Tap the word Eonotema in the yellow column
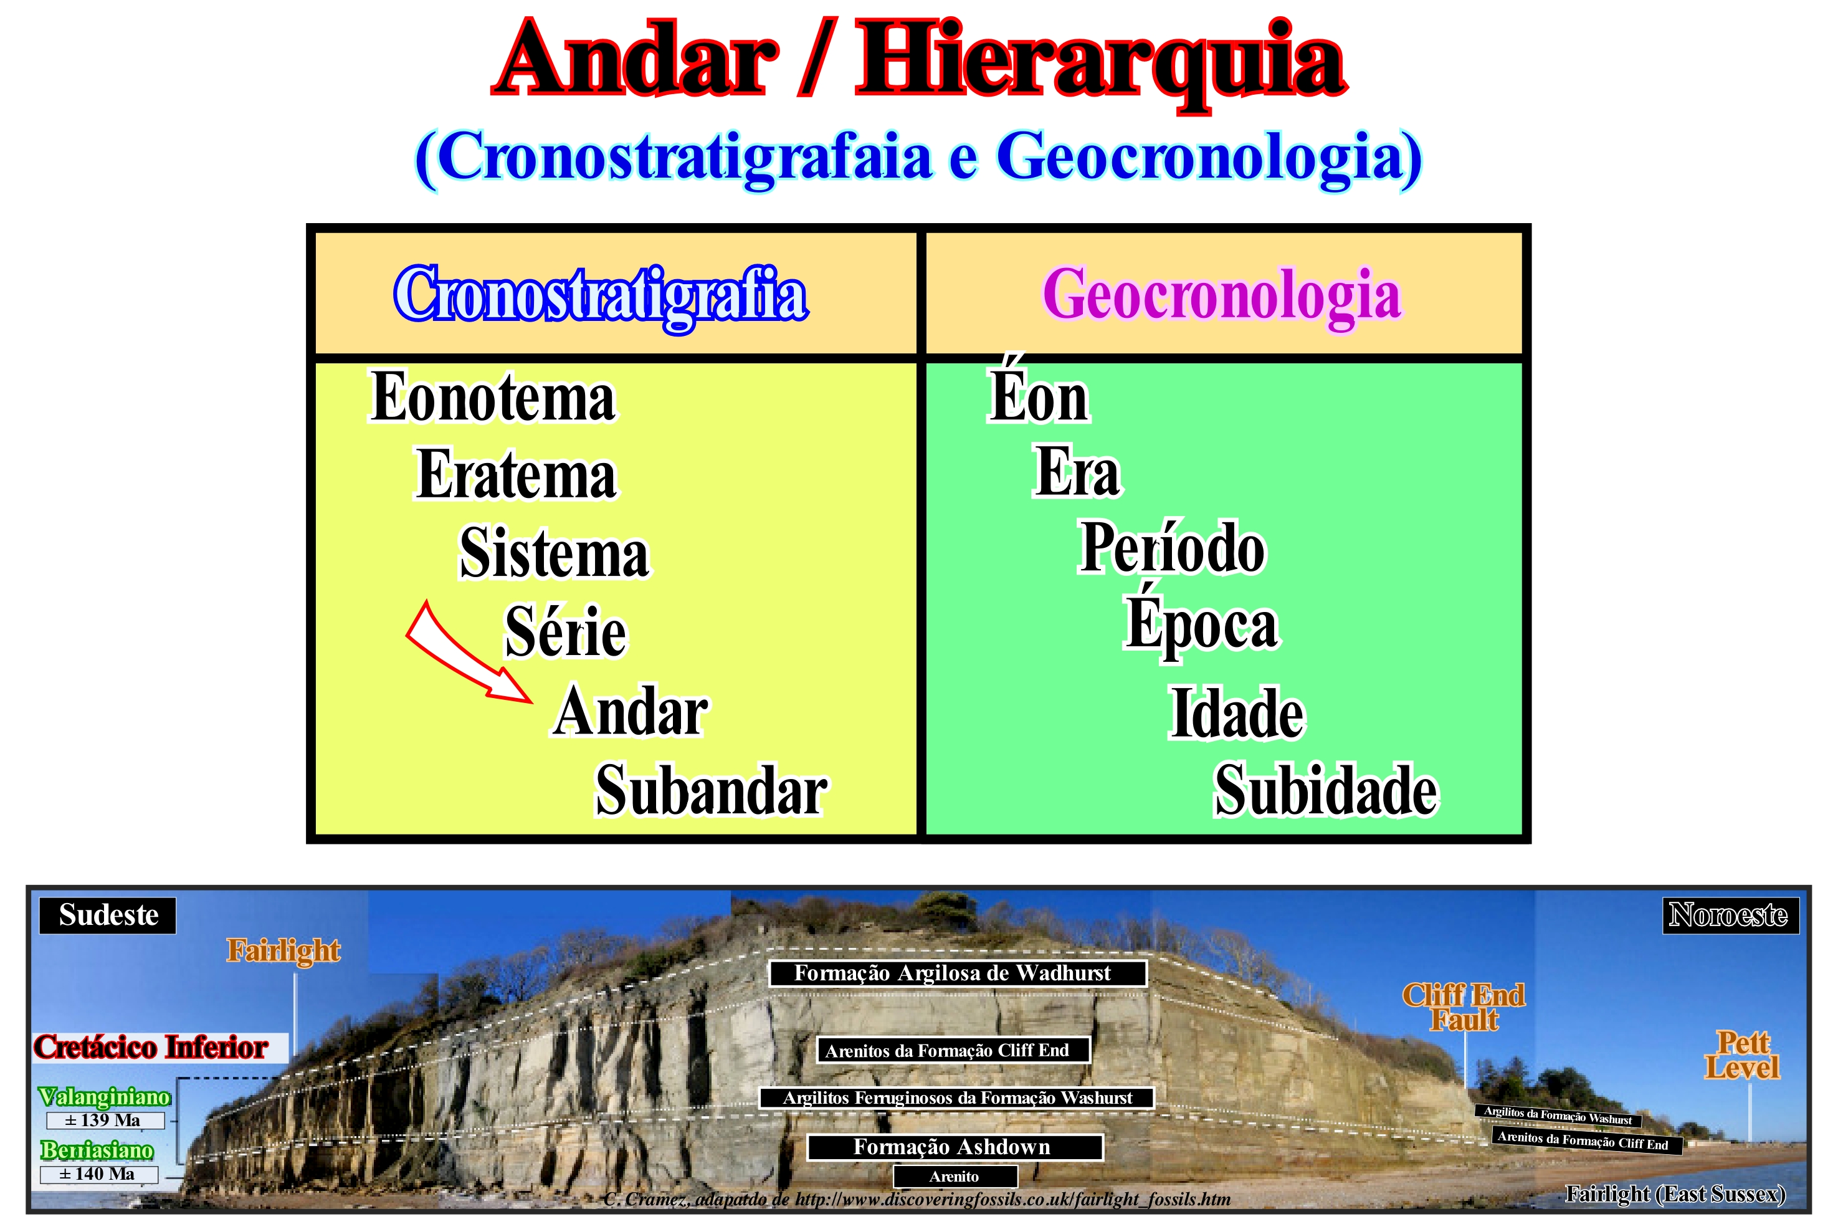coord(492,396)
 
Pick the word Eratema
coord(516,474)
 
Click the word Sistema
coord(554,552)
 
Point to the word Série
coord(565,630)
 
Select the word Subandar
coord(711,790)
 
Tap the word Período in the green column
coord(1171,547)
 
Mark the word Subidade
coord(1326,790)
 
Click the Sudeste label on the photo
coord(108,915)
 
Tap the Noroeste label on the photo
coord(1729,915)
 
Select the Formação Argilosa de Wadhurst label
coord(958,973)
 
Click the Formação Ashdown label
coord(955,1147)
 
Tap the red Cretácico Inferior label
coord(151,1048)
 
